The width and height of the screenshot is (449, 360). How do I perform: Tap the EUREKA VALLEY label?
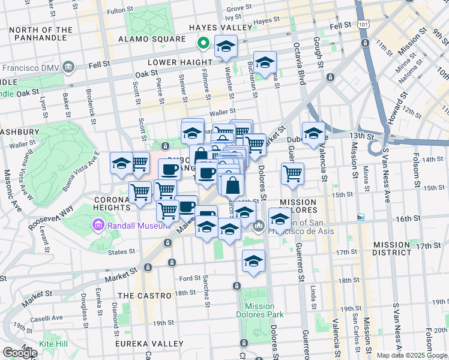click(151, 343)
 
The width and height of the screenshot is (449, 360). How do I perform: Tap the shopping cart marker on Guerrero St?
click(292, 174)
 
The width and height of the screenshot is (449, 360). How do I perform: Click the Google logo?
click(19, 353)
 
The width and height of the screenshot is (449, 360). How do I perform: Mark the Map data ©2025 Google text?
click(411, 355)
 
